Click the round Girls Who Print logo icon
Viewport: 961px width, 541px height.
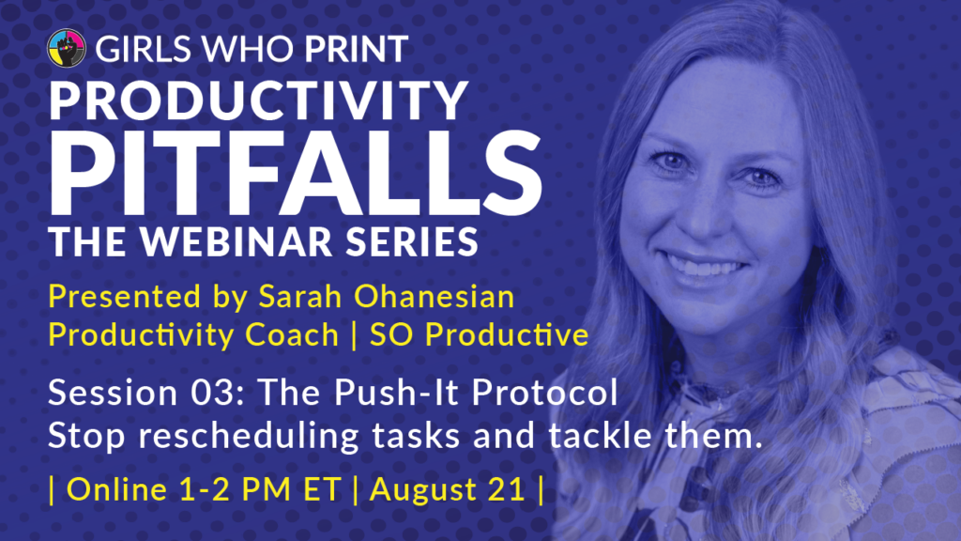(67, 48)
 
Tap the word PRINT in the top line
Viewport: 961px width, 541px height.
(357, 49)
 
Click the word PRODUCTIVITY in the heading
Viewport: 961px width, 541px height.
(258, 100)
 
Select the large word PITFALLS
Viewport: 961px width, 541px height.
(295, 174)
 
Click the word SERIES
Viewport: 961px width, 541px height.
(411, 241)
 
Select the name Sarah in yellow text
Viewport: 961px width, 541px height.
(299, 296)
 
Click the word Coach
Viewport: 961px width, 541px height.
(292, 335)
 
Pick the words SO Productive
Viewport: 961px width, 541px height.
(480, 335)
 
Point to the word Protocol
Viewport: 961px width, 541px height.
(544, 393)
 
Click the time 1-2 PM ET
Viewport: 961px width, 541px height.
(261, 489)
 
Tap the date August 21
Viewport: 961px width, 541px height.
(448, 489)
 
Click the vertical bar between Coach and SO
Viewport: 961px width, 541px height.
(354, 335)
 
